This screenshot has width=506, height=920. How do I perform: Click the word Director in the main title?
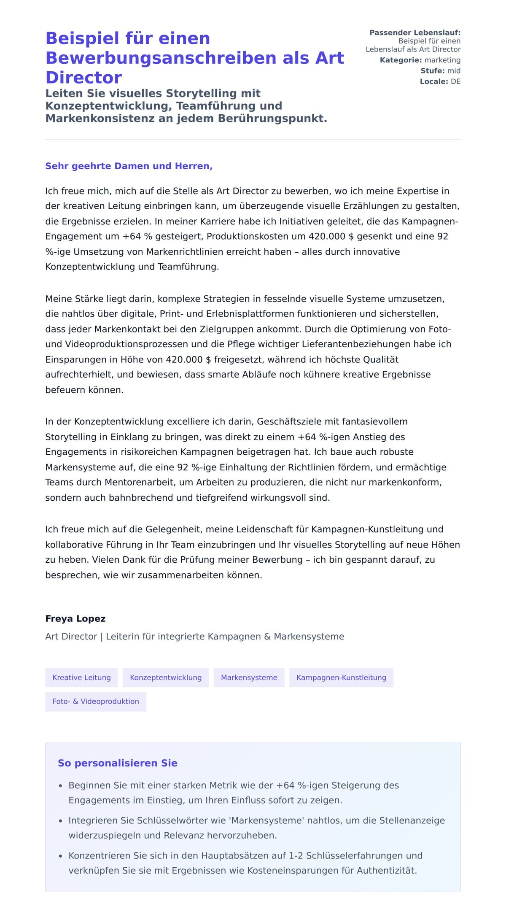(x=83, y=78)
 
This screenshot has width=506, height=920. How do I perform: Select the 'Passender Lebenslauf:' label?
(x=414, y=32)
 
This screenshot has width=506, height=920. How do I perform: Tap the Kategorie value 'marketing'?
(x=442, y=60)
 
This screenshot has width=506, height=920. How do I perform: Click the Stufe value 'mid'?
(x=454, y=71)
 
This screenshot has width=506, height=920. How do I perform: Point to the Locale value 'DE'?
(x=455, y=81)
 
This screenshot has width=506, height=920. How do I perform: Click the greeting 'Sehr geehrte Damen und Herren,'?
(x=129, y=166)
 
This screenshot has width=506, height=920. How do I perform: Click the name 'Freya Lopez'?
(x=75, y=618)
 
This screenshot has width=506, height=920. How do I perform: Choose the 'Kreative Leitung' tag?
(x=81, y=677)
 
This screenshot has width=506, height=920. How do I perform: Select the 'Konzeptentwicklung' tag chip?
(x=166, y=677)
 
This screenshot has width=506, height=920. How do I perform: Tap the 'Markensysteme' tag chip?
(x=249, y=677)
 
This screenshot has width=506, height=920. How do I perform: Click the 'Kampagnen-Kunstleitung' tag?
(x=341, y=677)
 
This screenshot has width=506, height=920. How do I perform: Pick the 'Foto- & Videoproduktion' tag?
(x=96, y=701)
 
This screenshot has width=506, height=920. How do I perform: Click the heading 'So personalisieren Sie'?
(x=117, y=763)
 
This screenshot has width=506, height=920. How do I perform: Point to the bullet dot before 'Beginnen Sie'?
(x=61, y=786)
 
